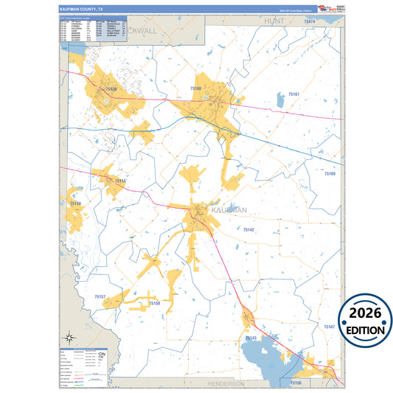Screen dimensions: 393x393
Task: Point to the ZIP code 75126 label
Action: (x=111, y=88)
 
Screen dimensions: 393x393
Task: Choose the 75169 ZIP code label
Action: (x=330, y=173)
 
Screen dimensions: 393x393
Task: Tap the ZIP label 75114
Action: (x=121, y=181)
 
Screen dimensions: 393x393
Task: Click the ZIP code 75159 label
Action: (x=75, y=204)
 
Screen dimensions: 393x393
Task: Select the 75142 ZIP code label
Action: (x=248, y=231)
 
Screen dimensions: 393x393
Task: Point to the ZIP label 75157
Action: (x=101, y=296)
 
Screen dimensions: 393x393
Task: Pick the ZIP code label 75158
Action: (x=154, y=303)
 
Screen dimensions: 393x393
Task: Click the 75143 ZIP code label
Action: (x=251, y=338)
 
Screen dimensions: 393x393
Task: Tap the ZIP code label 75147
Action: (x=329, y=327)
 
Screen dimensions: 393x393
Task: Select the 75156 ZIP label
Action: (x=296, y=383)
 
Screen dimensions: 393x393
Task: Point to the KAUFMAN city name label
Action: (x=228, y=210)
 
